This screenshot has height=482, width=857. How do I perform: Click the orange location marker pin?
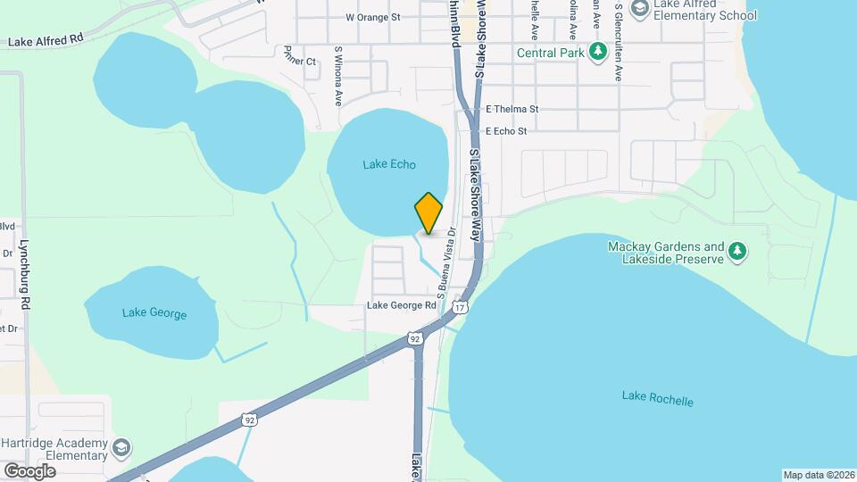pyautogui.click(x=428, y=214)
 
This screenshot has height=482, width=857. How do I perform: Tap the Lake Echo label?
pyautogui.click(x=389, y=164)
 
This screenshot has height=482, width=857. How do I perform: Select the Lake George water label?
pyautogui.click(x=154, y=313)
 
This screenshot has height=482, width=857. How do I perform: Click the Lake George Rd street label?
pyautogui.click(x=401, y=306)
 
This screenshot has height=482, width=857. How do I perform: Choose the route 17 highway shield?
pyautogui.click(x=460, y=307)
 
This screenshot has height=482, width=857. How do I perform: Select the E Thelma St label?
pyautogui.click(x=512, y=109)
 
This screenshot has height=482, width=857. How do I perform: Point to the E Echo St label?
pyautogui.click(x=506, y=130)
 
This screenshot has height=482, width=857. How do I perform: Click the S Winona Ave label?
pyautogui.click(x=338, y=77)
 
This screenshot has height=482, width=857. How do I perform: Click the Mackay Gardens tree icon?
pyautogui.click(x=737, y=253)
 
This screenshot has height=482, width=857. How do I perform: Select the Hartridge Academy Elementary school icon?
pyautogui.click(x=121, y=446)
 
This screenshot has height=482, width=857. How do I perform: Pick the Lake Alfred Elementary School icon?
pyautogui.click(x=639, y=9)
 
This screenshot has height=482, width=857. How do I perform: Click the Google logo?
pyautogui.click(x=29, y=470)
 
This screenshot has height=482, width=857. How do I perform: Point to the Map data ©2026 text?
pyautogui.click(x=818, y=475)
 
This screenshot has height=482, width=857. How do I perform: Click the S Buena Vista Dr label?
pyautogui.click(x=445, y=261)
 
